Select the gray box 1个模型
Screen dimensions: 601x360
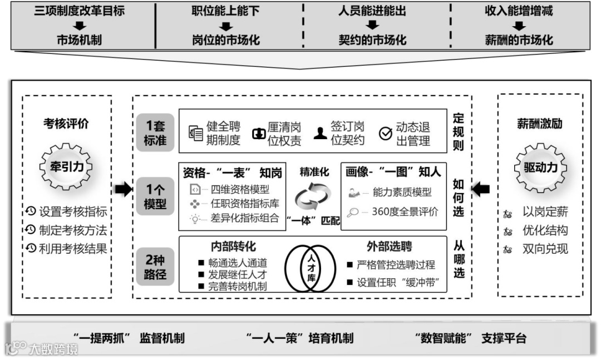pyautogui.click(x=155, y=197)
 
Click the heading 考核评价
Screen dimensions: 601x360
pyautogui.click(x=66, y=124)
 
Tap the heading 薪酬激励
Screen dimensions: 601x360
pyautogui.click(x=539, y=124)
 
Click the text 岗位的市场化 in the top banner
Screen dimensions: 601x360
pyautogui.click(x=226, y=40)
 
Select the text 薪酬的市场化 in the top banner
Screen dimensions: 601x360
pyautogui.click(x=519, y=40)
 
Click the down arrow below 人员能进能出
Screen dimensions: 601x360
pyautogui.click(x=373, y=26)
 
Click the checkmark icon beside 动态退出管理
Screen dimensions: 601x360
pyautogui.click(x=386, y=134)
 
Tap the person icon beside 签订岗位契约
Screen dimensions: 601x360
pyautogui.click(x=319, y=134)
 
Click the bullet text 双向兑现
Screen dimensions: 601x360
pyautogui.click(x=545, y=249)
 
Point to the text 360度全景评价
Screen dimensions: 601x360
pyautogui.click(x=405, y=211)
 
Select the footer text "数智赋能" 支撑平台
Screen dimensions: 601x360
pyautogui.click(x=470, y=338)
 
